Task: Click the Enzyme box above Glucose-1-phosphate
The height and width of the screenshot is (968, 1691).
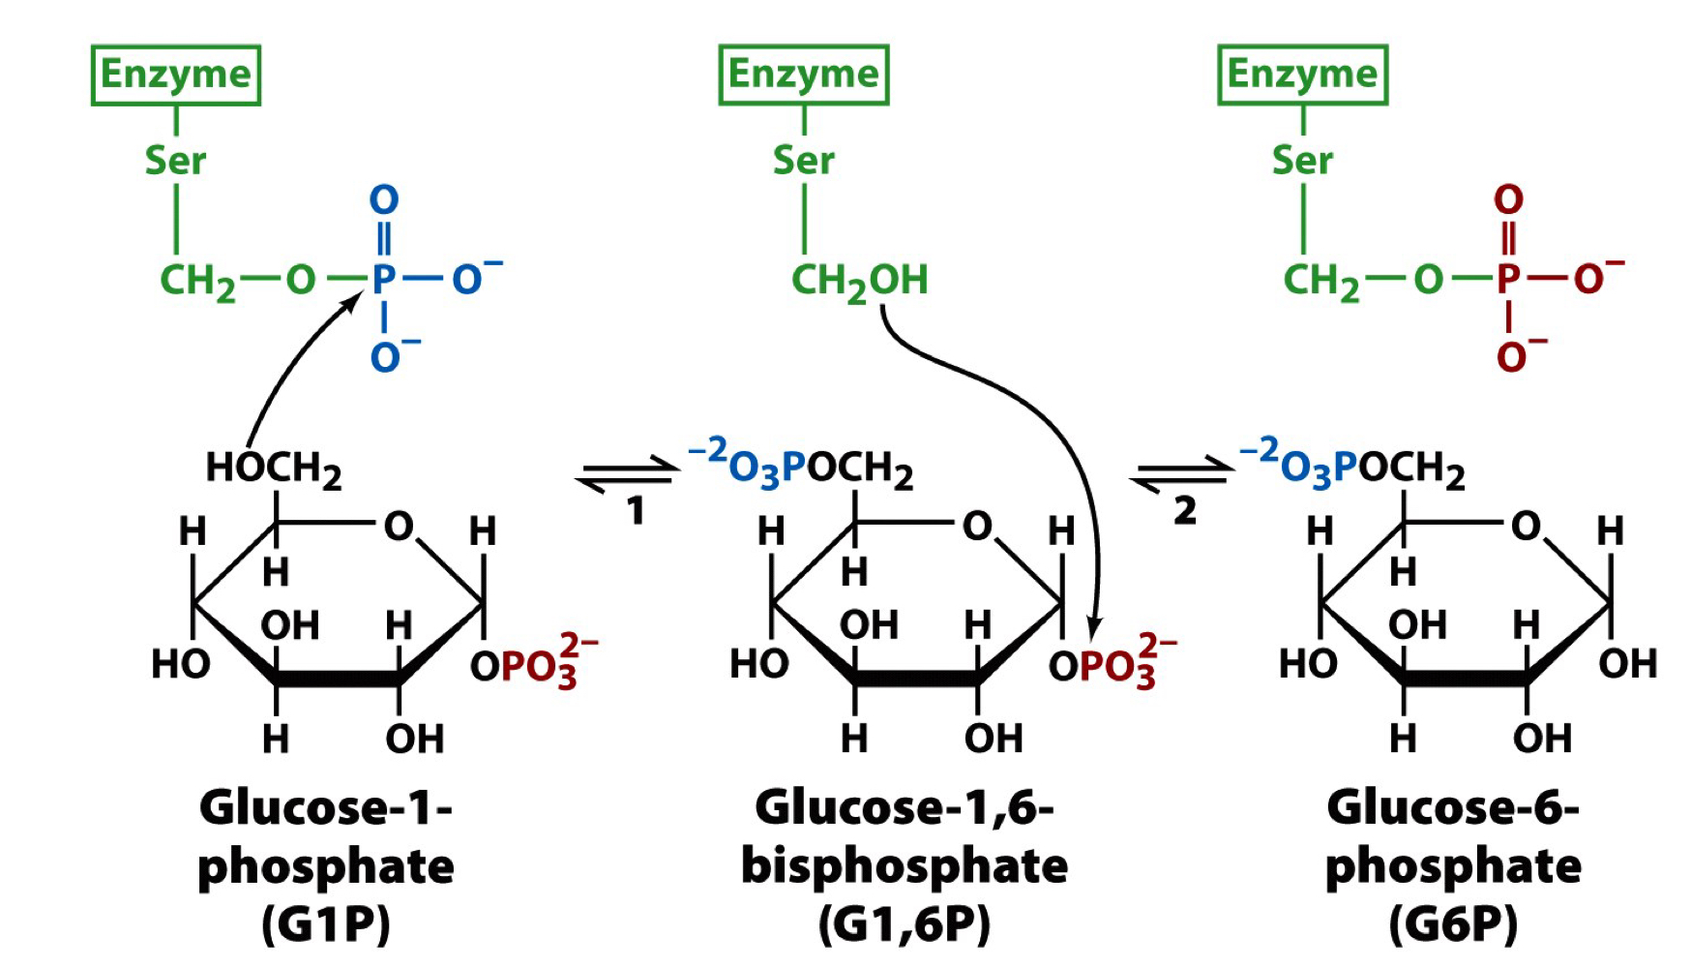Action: click(x=176, y=75)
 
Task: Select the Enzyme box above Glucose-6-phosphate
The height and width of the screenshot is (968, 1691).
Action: click(x=1302, y=75)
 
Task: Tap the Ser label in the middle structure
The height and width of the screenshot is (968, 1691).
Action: click(x=803, y=160)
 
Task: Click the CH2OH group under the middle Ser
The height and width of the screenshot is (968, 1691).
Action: click(x=859, y=281)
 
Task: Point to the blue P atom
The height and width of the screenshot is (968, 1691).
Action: click(x=384, y=279)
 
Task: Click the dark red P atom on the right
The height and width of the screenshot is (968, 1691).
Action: click(x=1508, y=279)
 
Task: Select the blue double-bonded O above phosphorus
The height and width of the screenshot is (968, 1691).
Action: click(x=384, y=200)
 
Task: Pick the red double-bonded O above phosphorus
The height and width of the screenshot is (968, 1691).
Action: click(x=1508, y=200)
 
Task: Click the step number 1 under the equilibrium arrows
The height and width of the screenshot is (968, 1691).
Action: click(x=635, y=511)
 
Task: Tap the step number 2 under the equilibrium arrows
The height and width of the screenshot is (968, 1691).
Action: click(x=1185, y=511)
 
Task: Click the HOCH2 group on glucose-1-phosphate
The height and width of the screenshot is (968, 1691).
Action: click(x=273, y=469)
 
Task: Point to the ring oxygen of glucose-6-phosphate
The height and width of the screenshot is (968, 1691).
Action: click(x=1526, y=526)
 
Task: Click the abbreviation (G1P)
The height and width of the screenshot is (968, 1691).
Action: click(x=326, y=924)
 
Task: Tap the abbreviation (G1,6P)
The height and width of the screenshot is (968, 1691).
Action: click(x=905, y=924)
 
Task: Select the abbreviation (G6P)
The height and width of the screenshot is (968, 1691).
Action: click(x=1453, y=924)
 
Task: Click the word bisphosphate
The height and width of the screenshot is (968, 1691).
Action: click(x=905, y=866)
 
